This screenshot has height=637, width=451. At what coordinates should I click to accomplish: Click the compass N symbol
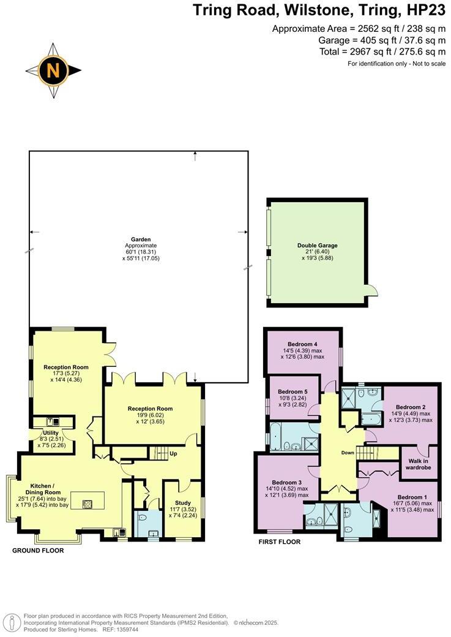pos(53,70)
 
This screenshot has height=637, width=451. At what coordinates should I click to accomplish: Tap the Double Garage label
pos(317,246)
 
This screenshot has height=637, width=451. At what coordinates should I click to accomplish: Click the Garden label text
pos(141,239)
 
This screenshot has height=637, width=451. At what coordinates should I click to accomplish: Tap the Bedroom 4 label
pos(302,344)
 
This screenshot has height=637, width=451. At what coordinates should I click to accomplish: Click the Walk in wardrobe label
pos(419,464)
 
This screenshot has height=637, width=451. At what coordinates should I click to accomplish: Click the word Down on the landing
pos(348,453)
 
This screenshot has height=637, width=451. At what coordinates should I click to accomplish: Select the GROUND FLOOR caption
pos(38,551)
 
